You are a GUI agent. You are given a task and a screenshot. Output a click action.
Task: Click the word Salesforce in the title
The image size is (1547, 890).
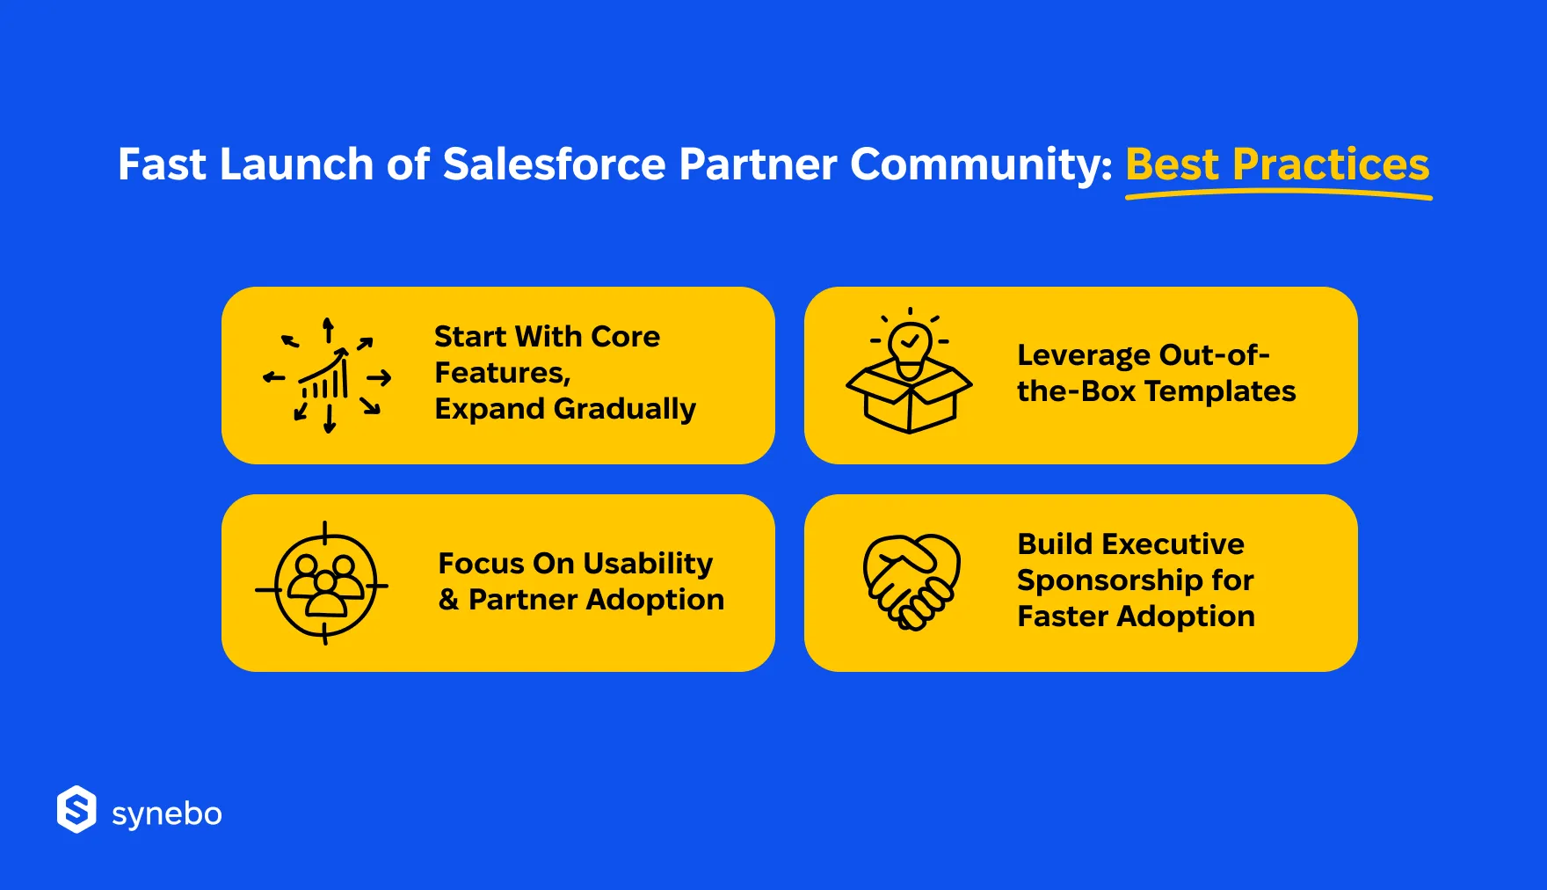(555, 164)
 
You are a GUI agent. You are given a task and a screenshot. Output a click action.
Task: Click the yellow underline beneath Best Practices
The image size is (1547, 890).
(1279, 195)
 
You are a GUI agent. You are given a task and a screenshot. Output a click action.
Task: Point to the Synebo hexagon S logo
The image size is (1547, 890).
(76, 809)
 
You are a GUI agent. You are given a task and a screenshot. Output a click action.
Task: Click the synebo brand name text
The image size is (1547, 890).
(167, 814)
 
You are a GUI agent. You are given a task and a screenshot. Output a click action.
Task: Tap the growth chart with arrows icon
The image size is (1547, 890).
(327, 376)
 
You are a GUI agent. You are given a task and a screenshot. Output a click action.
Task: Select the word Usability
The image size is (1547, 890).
(648, 564)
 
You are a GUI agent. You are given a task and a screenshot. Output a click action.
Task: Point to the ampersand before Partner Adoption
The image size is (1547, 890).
(448, 600)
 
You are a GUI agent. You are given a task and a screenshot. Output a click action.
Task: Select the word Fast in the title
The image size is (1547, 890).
(163, 164)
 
